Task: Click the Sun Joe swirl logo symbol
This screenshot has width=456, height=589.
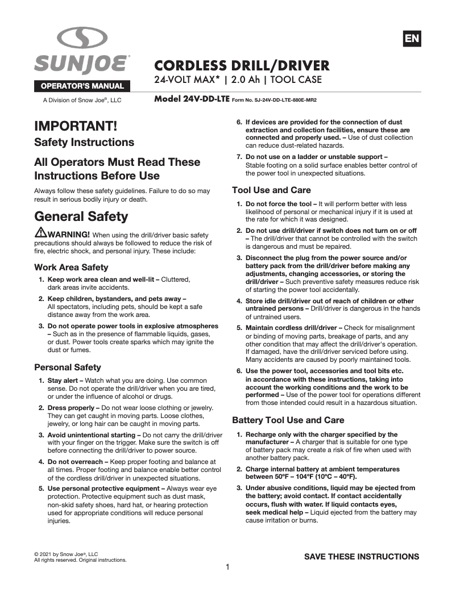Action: coord(82,39)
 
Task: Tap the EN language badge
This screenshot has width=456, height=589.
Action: coord(411,39)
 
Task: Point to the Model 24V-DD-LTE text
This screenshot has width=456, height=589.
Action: coord(192,99)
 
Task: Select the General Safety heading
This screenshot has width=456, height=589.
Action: coord(81,216)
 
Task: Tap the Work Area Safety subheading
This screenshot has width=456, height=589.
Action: coord(71,267)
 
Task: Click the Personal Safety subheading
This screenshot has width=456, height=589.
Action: coord(68,367)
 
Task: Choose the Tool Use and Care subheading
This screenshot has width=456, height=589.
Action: coord(271,190)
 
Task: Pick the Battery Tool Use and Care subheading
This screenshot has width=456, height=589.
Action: coord(288,420)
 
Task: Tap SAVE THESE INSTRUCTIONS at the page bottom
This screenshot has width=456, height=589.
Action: coord(362,557)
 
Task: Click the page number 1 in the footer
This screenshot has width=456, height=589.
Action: coord(227,567)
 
